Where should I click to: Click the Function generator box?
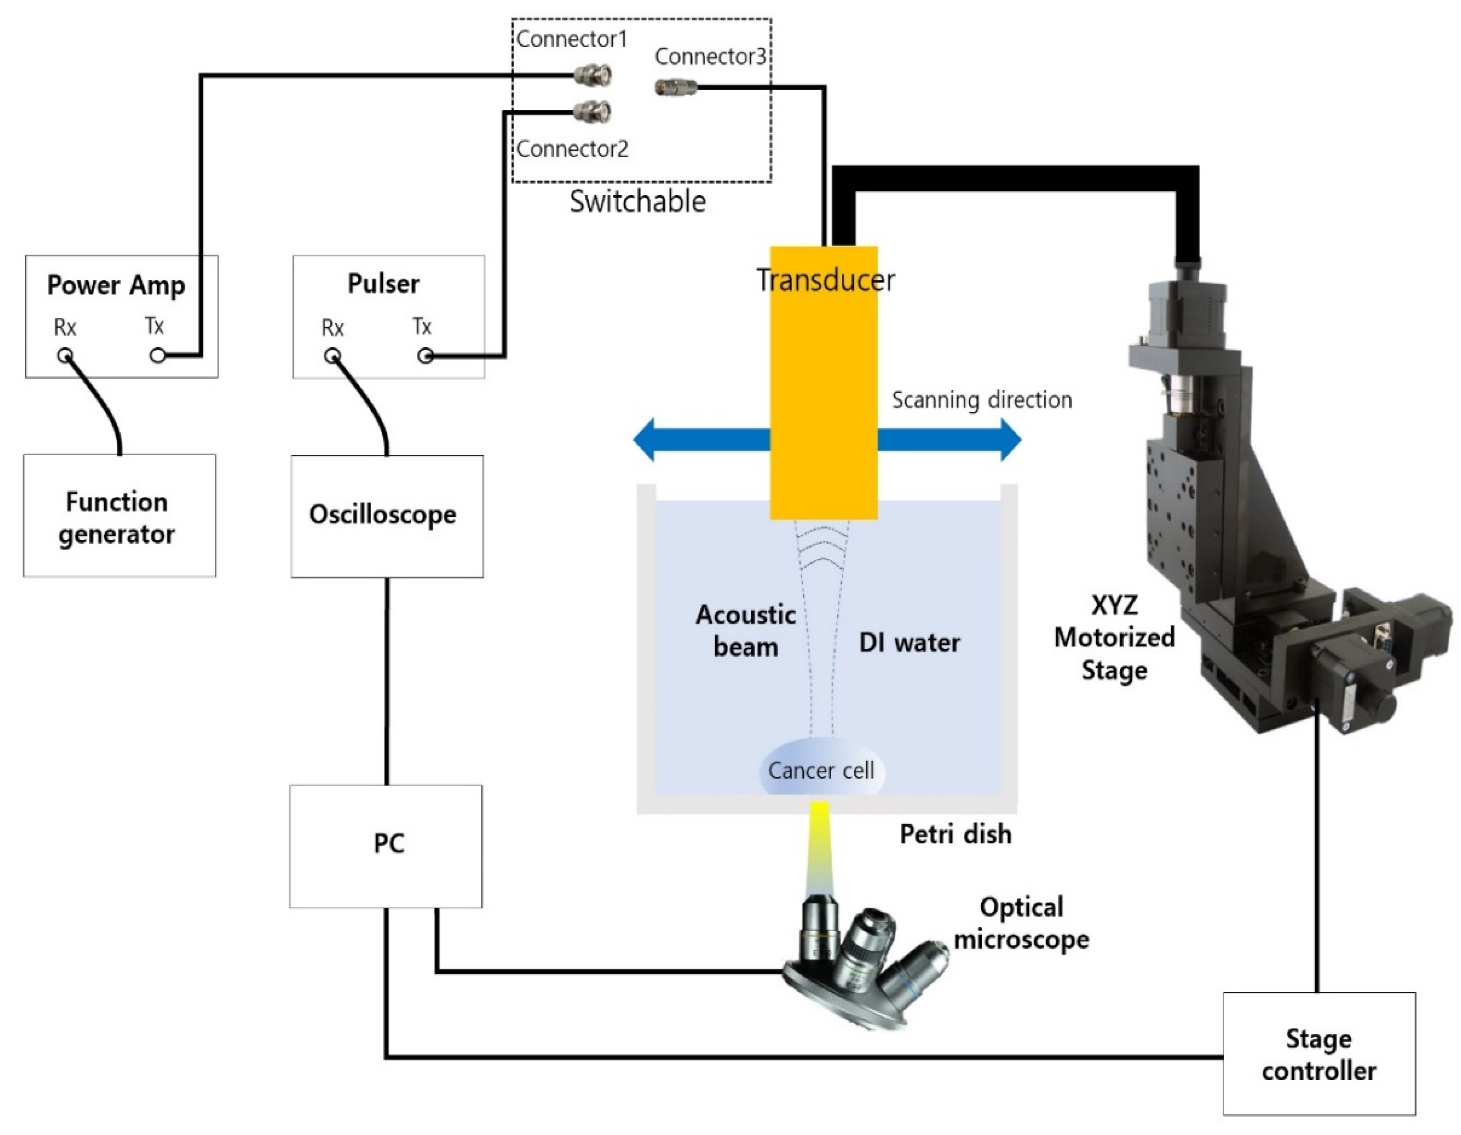click(119, 516)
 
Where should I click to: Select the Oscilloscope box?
click(387, 516)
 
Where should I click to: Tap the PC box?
click(385, 846)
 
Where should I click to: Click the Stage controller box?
click(1319, 1054)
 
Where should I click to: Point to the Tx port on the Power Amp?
click(157, 356)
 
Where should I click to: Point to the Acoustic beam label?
click(745, 631)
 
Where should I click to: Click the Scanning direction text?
click(981, 400)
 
